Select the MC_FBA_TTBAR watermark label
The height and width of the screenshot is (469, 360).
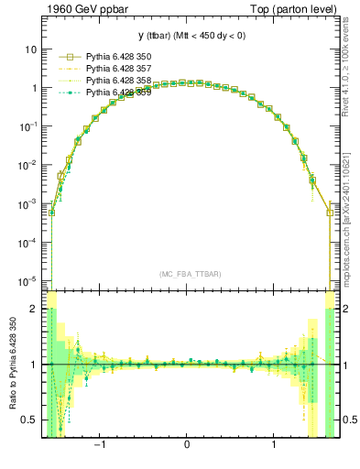point(190,274)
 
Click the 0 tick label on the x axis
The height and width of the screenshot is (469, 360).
point(187,446)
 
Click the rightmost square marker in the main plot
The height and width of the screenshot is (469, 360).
point(330,213)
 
